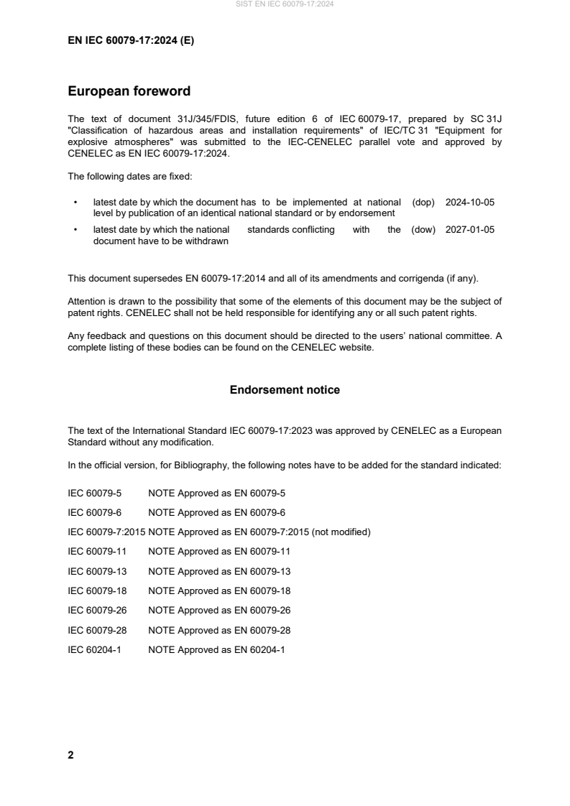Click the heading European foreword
tap(129, 91)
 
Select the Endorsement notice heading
tap(285, 390)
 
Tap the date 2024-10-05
tap(470, 203)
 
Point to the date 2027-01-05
tap(470, 230)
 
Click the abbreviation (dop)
tap(423, 203)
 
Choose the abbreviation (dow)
tap(423, 230)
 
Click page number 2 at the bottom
tap(70, 755)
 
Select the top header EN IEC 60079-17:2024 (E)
tap(131, 41)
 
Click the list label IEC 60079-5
tap(94, 493)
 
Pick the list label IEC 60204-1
tap(94, 649)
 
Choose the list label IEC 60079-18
tap(96, 590)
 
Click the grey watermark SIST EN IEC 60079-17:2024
tap(285, 4)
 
